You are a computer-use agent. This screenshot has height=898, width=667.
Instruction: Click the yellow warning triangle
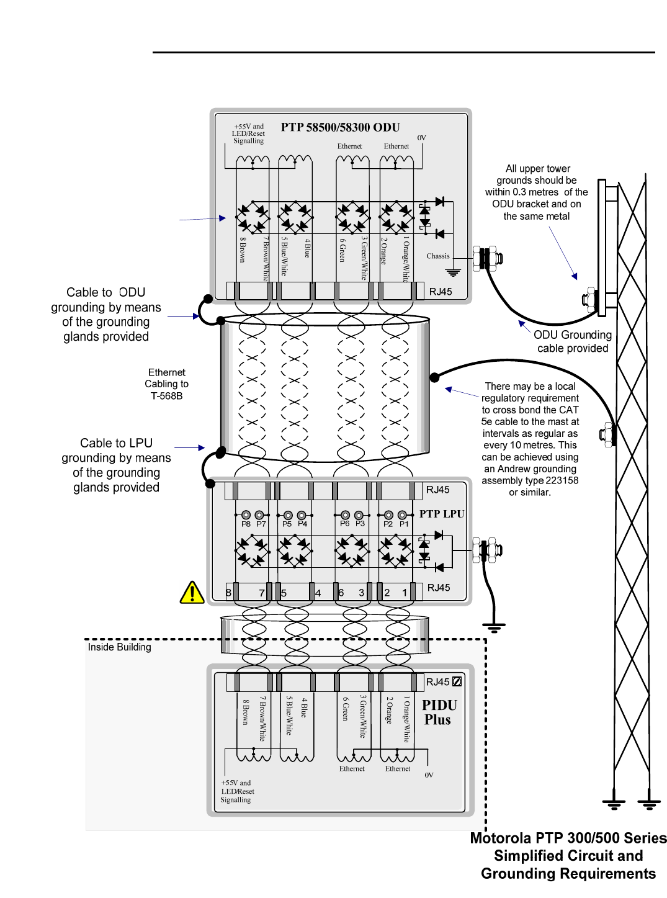click(x=192, y=593)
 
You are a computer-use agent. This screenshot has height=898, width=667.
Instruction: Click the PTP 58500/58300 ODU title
click(x=340, y=127)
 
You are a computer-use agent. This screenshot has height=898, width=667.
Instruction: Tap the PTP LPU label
click(x=441, y=514)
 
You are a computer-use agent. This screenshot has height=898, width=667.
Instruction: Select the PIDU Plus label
click(x=439, y=712)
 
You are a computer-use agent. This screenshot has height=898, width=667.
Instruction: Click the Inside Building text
click(x=119, y=647)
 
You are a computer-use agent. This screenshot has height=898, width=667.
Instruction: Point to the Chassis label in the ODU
click(x=437, y=256)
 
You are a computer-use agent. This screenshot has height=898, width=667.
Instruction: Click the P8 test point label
click(x=246, y=524)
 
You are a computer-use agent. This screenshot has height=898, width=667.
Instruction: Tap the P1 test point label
click(x=404, y=524)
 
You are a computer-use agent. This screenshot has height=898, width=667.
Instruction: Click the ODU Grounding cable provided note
click(x=572, y=341)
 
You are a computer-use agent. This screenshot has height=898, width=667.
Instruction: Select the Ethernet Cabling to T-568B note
click(x=167, y=384)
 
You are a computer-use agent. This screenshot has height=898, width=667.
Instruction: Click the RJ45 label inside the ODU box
click(x=441, y=292)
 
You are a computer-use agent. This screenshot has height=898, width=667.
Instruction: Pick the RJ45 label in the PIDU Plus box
click(x=437, y=682)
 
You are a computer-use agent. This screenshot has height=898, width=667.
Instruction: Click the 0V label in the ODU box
click(x=422, y=138)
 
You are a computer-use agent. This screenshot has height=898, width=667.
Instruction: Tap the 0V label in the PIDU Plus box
click(x=429, y=775)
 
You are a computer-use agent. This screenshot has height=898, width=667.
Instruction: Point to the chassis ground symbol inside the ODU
click(x=454, y=272)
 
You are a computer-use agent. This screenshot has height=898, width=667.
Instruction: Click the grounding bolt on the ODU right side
click(x=487, y=258)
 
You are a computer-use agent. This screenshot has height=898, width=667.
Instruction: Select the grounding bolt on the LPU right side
click(x=487, y=550)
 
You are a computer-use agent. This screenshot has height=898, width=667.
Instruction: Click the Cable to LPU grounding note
click(x=116, y=465)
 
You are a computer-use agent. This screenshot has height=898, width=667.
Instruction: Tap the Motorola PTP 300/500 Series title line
click(x=568, y=838)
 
